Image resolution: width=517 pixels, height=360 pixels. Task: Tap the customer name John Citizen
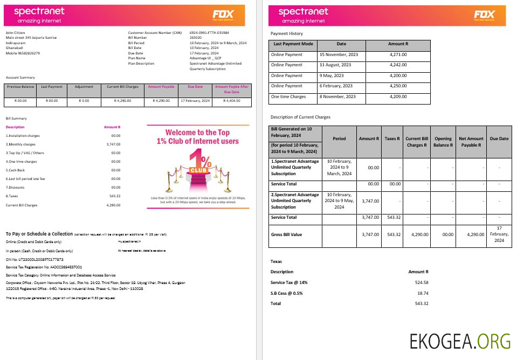[x=16, y=33]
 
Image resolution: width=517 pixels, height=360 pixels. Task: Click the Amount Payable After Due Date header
[x=232, y=89]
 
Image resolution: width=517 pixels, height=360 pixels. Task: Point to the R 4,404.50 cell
[x=232, y=101]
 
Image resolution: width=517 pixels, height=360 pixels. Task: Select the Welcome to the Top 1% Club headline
[x=197, y=136]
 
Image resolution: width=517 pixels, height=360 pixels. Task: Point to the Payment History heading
[x=286, y=33]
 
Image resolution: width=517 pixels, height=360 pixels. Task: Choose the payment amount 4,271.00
[x=398, y=54]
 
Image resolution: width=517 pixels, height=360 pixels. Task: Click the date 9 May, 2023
[x=331, y=75]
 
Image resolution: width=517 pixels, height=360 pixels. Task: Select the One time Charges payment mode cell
[x=288, y=97]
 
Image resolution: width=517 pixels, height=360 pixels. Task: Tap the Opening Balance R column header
[x=443, y=142]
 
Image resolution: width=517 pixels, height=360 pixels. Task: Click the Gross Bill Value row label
[x=286, y=234]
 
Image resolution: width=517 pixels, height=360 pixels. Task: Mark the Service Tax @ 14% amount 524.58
[x=418, y=282]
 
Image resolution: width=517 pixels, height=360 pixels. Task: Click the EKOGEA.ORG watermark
[x=460, y=341]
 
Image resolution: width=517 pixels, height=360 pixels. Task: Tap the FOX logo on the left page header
[x=223, y=15]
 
